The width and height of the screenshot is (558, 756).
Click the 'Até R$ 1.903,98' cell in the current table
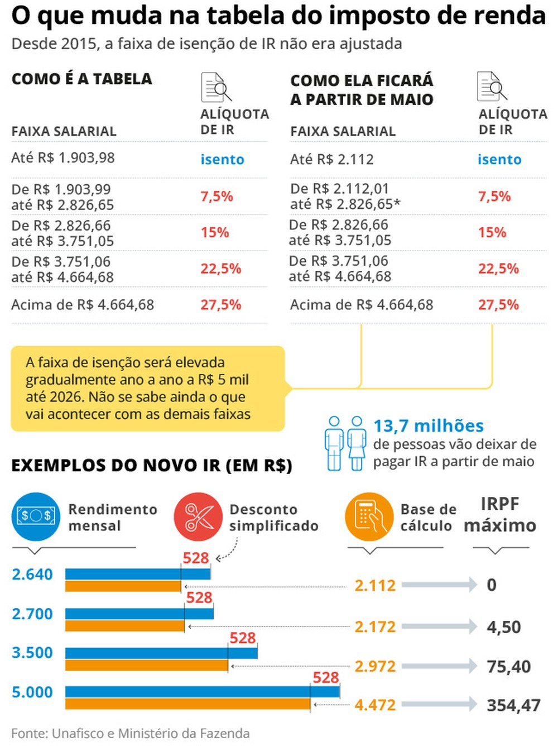coord(63,158)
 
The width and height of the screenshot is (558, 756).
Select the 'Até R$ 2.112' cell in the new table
coord(332,159)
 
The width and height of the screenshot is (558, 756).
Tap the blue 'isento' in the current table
coord(222,160)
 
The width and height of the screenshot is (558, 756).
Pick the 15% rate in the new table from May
coord(492,232)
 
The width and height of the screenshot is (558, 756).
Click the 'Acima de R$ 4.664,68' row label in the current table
coord(83,305)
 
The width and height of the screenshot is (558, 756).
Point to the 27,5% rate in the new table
coord(498,305)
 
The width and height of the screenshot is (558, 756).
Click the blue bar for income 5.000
coord(202,692)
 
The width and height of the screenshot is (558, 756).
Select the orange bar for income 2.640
coord(123,586)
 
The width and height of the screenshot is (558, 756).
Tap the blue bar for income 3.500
coord(161,653)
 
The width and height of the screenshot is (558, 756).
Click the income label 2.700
coord(32,614)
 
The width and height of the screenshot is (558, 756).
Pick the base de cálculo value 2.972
coord(375,666)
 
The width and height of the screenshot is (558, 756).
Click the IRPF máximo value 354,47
coord(513,705)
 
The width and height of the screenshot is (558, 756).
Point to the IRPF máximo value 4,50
coord(503,627)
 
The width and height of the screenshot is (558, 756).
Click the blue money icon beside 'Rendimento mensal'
coord(36,516)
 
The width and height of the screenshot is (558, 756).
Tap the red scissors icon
coord(198,516)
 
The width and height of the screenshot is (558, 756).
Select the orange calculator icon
coord(369,516)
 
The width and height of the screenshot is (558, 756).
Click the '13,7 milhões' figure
coord(428,426)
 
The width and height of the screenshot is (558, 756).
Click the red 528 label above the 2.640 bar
coord(196,558)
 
